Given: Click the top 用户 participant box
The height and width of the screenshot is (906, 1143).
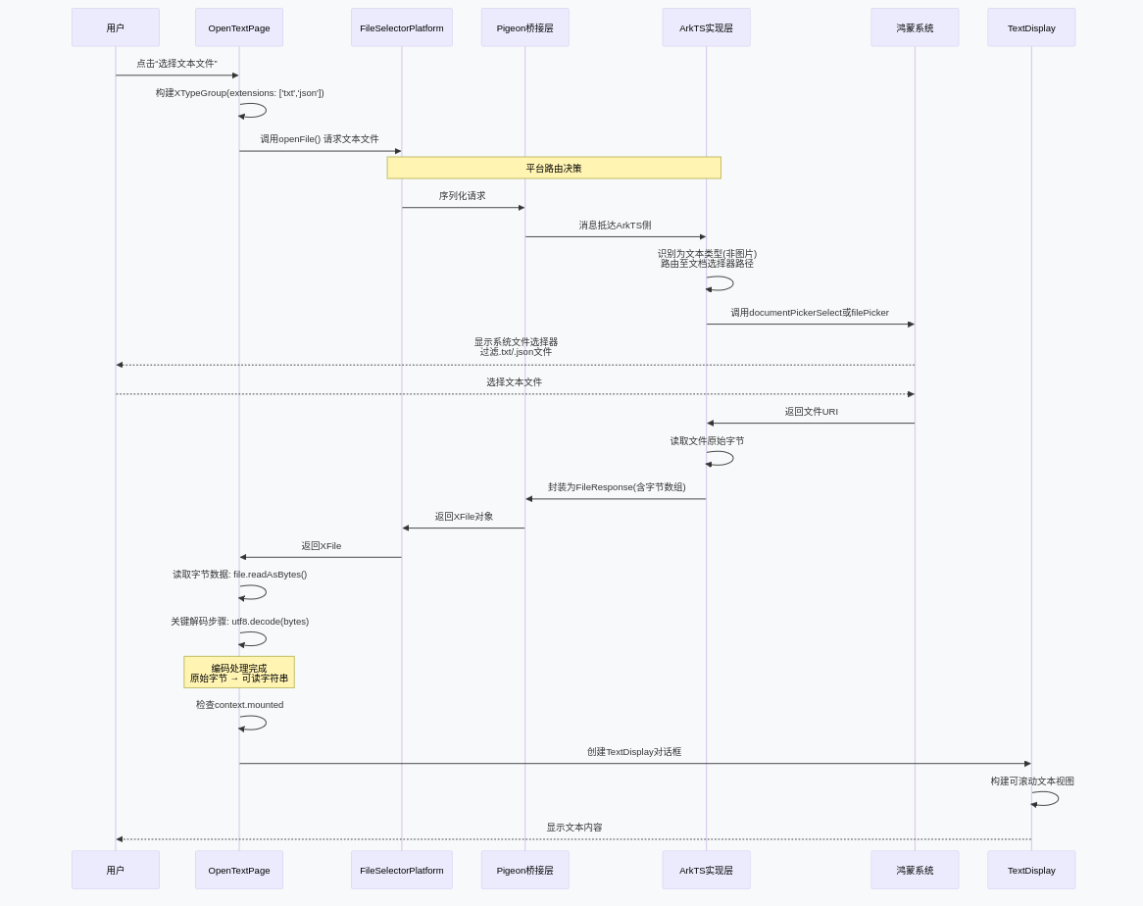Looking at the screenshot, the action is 116,27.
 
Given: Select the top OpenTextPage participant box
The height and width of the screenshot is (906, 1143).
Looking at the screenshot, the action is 239,27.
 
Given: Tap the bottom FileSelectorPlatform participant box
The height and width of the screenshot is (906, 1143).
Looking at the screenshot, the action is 402,870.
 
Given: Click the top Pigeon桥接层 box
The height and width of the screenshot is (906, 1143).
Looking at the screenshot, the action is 524,27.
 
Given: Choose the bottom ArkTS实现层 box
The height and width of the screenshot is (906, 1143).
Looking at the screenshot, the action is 706,870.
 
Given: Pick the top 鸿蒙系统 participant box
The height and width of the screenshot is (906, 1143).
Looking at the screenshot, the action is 915,27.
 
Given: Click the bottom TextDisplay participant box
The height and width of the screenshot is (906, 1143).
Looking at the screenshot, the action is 1031,870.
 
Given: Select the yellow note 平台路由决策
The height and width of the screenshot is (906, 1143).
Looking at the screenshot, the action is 554,168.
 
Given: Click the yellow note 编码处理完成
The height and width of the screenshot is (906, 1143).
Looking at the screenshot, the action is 239,673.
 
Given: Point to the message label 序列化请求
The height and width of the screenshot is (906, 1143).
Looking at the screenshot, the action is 462,196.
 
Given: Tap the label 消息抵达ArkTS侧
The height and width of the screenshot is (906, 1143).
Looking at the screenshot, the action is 615,226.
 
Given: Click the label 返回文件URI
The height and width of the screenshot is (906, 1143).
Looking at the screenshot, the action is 811,412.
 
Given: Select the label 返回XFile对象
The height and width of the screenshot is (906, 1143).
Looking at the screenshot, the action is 464,517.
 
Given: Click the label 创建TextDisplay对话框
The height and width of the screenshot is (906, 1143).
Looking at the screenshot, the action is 634,752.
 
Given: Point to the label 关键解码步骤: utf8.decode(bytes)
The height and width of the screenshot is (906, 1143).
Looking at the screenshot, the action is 239,622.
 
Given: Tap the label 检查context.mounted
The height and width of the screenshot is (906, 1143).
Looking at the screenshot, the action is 239,705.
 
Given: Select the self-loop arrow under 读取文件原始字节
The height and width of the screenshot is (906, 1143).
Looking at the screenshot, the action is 721,458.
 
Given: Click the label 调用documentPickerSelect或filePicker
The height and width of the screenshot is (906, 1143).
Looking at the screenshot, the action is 810,313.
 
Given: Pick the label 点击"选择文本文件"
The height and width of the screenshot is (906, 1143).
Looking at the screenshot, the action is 176,64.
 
